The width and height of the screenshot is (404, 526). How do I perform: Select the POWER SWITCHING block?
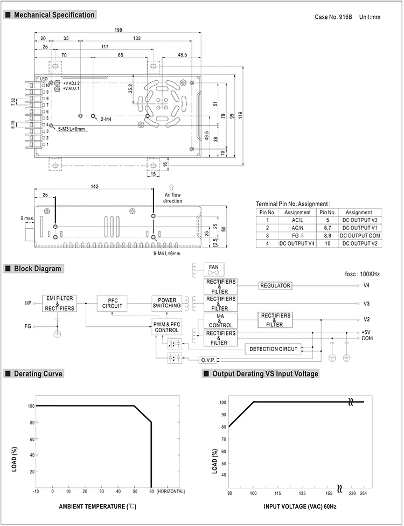pos(167,303)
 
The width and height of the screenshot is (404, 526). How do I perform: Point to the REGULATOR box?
pos(275,285)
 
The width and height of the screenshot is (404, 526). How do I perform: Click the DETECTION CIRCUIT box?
pos(273,349)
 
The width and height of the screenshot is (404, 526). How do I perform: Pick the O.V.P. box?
pos(207,360)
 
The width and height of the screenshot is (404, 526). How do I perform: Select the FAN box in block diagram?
pos(214,269)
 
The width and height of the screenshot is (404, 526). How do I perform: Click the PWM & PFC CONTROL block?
pos(167,327)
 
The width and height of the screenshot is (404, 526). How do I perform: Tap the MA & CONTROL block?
pos(220,320)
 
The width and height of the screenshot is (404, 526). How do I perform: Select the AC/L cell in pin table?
pos(294,220)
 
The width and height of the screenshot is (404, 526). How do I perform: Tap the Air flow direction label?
pos(173,198)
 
